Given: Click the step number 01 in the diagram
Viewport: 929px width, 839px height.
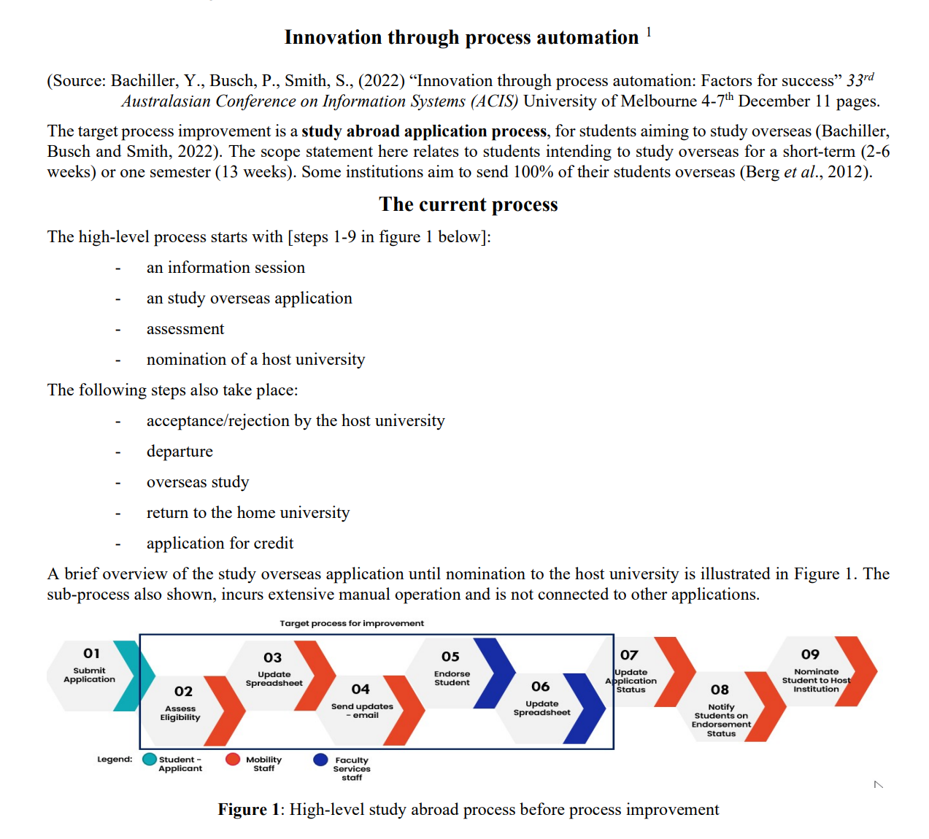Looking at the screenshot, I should coord(91,653).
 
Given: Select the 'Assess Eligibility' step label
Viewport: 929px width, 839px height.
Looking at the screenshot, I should coord(180,713).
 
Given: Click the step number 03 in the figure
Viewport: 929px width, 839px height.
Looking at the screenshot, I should coord(272,657).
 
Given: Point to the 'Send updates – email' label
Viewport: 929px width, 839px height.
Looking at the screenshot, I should coord(362,711).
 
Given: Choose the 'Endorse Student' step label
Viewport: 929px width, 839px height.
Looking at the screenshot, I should coord(452,678).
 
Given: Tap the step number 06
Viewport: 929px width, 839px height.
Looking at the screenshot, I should coord(540,687).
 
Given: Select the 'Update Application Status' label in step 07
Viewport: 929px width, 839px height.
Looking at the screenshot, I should coord(631,681).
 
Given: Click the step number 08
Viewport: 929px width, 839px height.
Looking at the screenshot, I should coord(720,689).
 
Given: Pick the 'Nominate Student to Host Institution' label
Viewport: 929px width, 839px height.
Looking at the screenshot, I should coord(816,680).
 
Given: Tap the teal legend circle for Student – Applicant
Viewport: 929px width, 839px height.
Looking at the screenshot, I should coord(150,759).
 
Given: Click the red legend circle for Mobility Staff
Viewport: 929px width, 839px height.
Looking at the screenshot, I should coord(233,759).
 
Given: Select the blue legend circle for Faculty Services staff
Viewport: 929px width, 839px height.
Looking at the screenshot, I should coord(320,759).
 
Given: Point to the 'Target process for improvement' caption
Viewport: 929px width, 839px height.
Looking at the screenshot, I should coord(351,623).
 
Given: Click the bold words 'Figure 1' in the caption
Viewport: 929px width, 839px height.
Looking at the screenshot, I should coord(248,810).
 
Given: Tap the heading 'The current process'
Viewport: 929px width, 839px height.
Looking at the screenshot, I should coord(468,204).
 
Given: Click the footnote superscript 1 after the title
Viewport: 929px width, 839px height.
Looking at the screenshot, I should coord(649,32).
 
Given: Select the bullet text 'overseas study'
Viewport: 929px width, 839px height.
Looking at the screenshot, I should coord(198,482).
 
